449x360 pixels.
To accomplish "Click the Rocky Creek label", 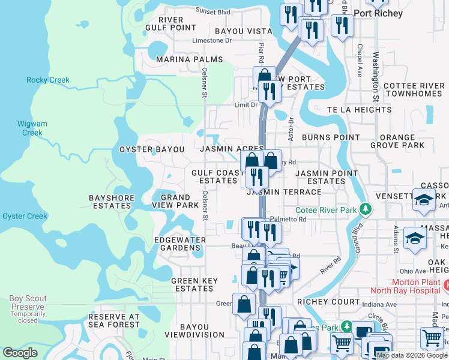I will pos(48,80).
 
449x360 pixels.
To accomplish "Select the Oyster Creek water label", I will pos(25,216).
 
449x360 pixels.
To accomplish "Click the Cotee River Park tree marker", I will pos(364,210).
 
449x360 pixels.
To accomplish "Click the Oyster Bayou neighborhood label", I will pos(152,149).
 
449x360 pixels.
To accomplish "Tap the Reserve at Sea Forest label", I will pos(114,321).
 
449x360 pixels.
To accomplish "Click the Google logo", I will pos(20,353).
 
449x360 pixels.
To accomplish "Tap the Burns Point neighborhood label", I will pos(330,137).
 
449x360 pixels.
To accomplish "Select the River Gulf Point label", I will pos(171,23).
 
